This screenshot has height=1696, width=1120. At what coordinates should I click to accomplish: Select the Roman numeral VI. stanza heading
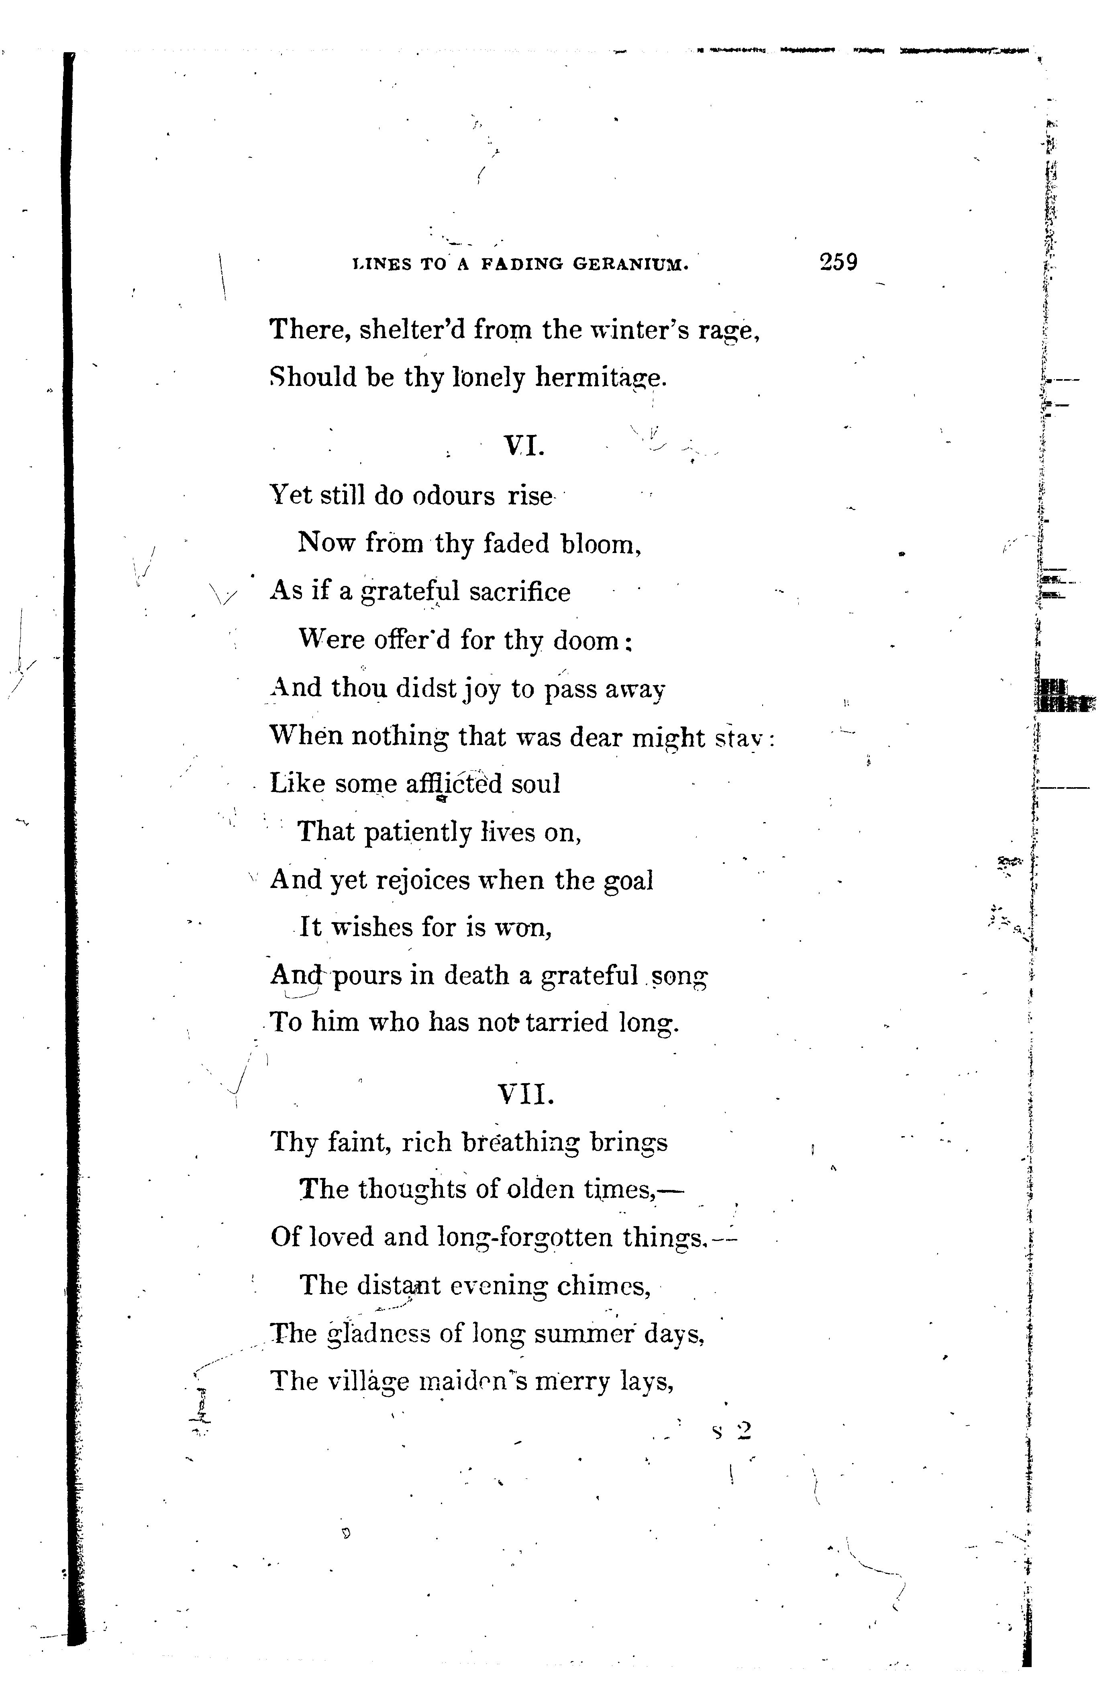(525, 447)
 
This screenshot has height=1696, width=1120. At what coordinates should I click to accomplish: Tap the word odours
(453, 496)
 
